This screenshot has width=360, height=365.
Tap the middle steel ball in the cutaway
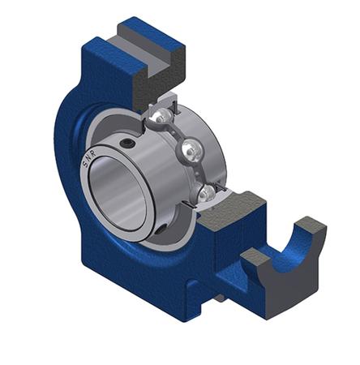pyautogui.click(x=191, y=149)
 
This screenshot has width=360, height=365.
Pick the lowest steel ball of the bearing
pyautogui.click(x=208, y=193)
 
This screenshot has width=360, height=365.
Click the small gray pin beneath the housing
pyautogui.click(x=220, y=298)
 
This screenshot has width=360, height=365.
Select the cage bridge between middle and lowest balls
pyautogui.click(x=202, y=171)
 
